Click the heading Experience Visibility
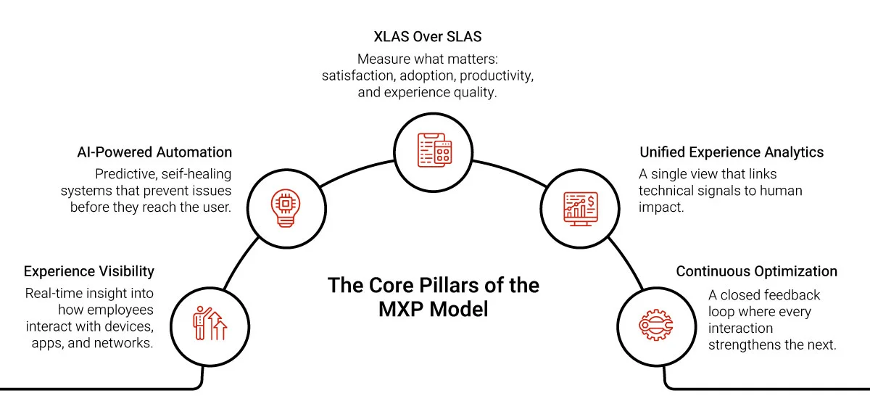(x=88, y=271)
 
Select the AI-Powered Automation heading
(x=154, y=152)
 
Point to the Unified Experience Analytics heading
(x=732, y=152)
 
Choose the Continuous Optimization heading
(x=756, y=271)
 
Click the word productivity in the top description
(x=501, y=76)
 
